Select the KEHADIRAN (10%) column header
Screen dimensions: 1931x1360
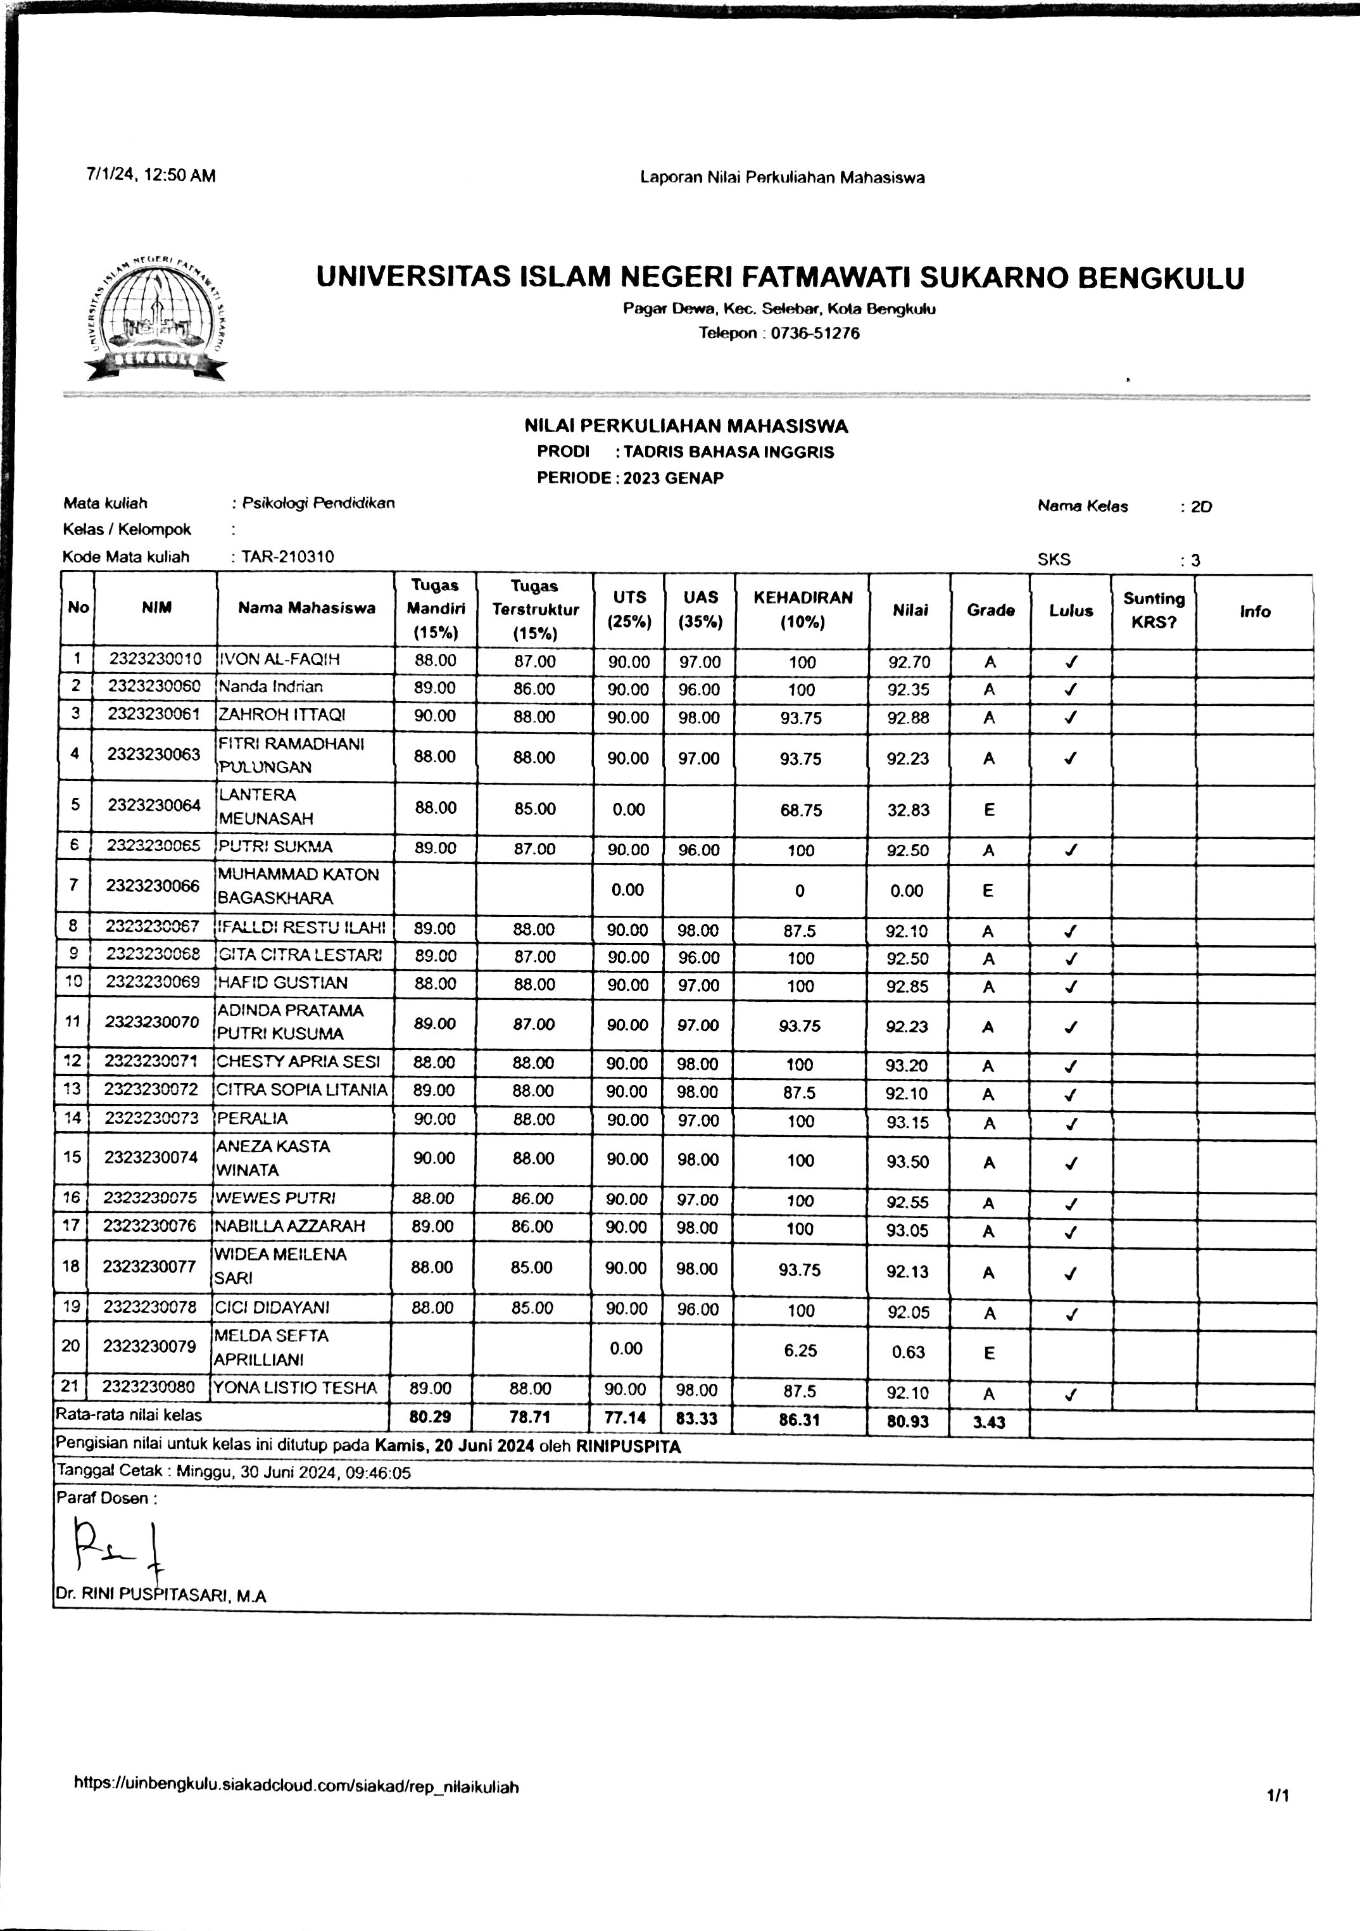coord(802,610)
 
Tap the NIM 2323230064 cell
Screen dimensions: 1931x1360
coord(154,805)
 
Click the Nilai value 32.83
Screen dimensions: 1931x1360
coord(908,810)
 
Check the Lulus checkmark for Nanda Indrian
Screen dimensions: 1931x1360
coord(1070,690)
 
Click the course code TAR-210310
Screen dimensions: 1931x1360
coord(287,556)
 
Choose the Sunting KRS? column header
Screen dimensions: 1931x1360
coord(1153,611)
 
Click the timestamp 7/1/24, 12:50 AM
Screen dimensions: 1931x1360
coord(151,176)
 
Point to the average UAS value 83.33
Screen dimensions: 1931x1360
coord(697,1419)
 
